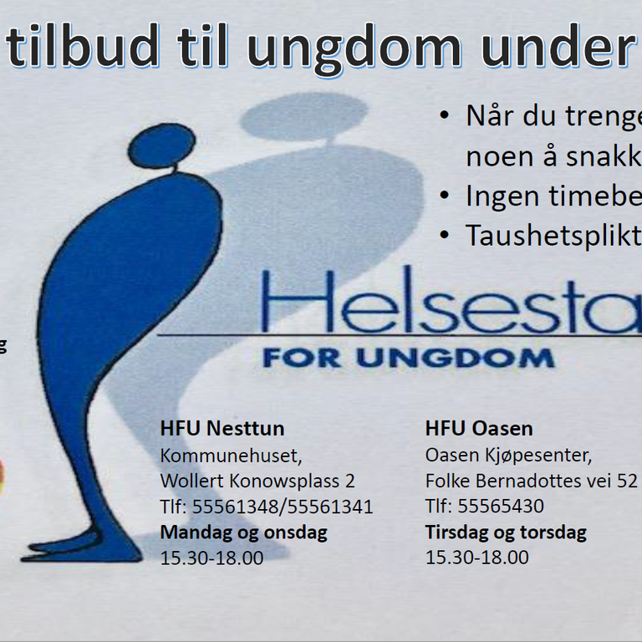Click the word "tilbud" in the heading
click(83, 47)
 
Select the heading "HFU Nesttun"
click(222, 429)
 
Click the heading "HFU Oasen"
click(479, 429)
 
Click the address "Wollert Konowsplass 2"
click(257, 481)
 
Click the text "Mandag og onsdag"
click(244, 532)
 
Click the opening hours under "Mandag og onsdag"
click(211, 558)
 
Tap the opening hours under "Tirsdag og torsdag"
click(477, 558)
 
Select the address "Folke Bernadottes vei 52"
click(532, 481)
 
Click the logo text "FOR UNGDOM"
click(408, 359)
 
